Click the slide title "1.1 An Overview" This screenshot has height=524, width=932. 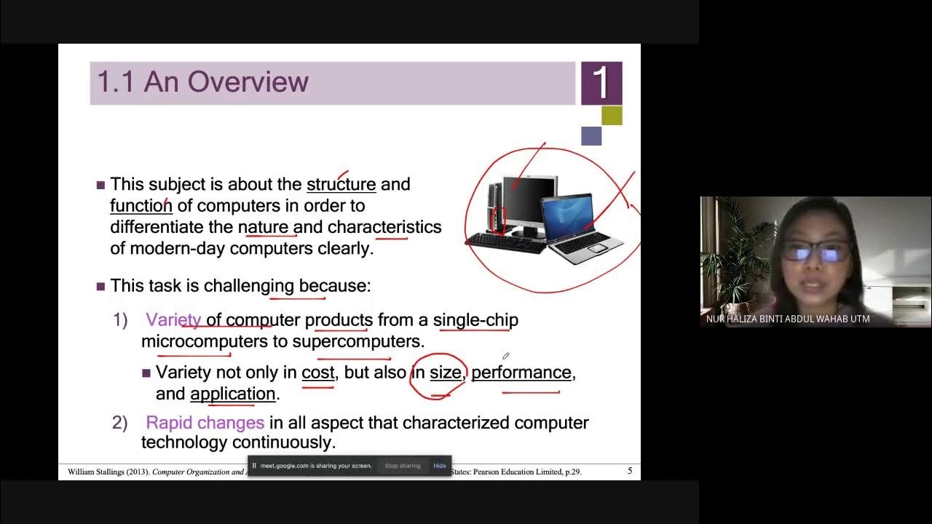coord(202,82)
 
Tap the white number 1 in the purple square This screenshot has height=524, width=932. coord(601,83)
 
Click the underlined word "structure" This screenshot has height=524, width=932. coord(341,184)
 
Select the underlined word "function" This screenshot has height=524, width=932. coord(141,205)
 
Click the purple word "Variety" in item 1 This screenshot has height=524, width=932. coord(173,319)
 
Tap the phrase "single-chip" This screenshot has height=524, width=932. coord(475,319)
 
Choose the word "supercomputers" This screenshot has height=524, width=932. coord(358,341)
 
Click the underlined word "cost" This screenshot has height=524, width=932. coord(317,372)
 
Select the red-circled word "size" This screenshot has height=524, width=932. coord(445,372)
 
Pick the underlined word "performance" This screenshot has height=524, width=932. coord(521,372)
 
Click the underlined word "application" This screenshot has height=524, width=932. coord(232,393)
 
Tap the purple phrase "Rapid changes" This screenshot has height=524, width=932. coord(205,422)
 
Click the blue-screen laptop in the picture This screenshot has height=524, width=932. coord(582,226)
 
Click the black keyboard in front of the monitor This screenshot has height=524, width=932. coord(505,242)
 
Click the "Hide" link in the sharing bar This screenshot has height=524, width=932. coord(440,466)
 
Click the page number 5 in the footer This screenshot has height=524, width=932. coord(630,471)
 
